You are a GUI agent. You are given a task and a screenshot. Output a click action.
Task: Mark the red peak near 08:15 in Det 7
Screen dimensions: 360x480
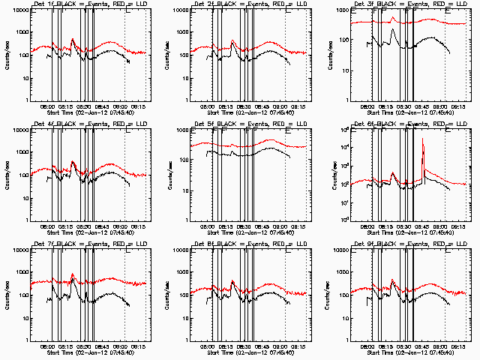[73, 274]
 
